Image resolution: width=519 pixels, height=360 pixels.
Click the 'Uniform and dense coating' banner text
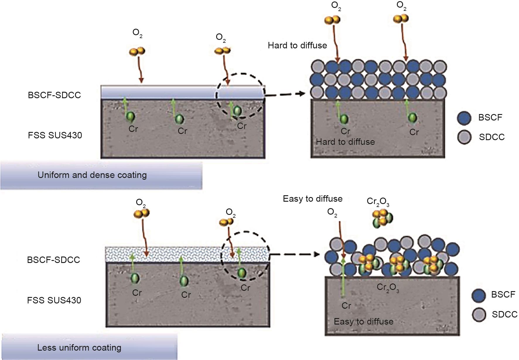[x=92, y=175]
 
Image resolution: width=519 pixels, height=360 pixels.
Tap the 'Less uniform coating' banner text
[x=79, y=348]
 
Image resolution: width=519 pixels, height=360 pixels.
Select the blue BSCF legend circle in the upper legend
[x=464, y=118]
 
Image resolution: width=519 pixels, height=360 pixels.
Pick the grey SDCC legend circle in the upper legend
[x=464, y=137]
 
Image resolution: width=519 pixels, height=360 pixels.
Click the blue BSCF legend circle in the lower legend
[x=479, y=295]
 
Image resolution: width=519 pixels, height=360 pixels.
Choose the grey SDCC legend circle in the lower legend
[x=479, y=315]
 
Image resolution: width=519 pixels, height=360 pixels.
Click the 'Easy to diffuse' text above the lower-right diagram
[x=313, y=199]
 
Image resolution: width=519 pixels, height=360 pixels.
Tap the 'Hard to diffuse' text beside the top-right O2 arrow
[x=297, y=45]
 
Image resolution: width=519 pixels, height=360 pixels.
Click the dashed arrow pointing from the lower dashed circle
[x=294, y=254]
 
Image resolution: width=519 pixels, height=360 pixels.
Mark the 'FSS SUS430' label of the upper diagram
[x=55, y=135]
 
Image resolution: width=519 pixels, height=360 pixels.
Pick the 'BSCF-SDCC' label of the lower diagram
[x=53, y=260]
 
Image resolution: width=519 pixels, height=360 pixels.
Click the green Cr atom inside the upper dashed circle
[x=237, y=111]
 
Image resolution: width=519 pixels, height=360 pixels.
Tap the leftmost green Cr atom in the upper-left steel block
[x=130, y=117]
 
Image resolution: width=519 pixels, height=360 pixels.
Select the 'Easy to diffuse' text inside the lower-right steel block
[x=363, y=322]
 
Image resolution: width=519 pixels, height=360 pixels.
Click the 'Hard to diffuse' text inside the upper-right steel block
[x=345, y=142]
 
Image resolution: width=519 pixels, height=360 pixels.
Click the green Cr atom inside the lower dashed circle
[x=242, y=273]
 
